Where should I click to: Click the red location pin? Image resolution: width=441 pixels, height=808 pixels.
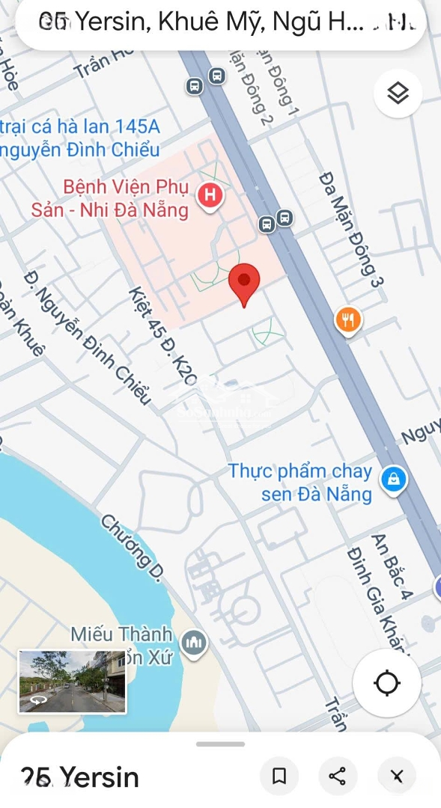[x=244, y=283]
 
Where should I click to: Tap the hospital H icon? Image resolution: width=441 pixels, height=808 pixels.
[x=210, y=196]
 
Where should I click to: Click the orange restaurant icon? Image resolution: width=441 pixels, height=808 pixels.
[x=348, y=320]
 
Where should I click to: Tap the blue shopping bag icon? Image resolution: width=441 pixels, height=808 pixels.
[x=393, y=480]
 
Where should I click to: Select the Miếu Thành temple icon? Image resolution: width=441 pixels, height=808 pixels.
[x=194, y=642]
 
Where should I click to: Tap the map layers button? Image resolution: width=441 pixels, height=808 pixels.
[x=398, y=94]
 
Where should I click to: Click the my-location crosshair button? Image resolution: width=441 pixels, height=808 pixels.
[x=387, y=683]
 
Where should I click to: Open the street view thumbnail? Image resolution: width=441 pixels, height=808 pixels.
[x=73, y=681]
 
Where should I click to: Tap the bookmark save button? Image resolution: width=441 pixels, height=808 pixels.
[x=279, y=777]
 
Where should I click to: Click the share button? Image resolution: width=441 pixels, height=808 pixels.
[x=338, y=777]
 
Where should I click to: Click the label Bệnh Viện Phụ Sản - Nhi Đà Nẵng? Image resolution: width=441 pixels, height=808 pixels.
[x=109, y=198]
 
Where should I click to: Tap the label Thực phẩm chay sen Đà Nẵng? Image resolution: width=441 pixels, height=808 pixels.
[x=301, y=483]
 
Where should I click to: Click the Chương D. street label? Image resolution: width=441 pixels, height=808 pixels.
[x=133, y=547]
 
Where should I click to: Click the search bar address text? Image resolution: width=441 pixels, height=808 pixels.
[x=217, y=24]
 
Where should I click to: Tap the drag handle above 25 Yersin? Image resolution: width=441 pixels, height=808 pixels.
[x=220, y=744]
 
